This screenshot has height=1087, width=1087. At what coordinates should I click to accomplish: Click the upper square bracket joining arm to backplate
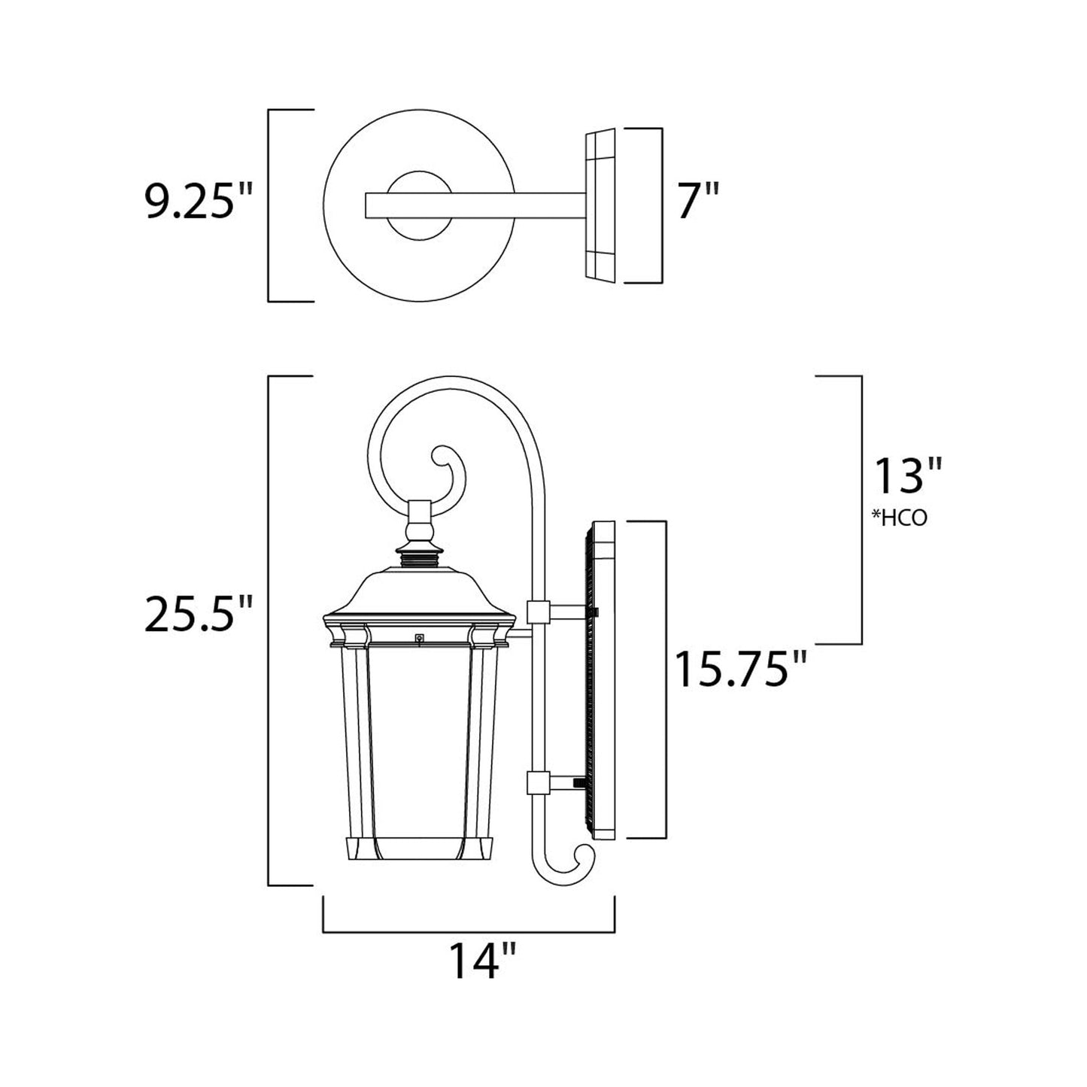(x=538, y=612)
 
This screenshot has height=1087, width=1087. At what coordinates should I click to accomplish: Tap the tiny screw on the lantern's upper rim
(x=419, y=639)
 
